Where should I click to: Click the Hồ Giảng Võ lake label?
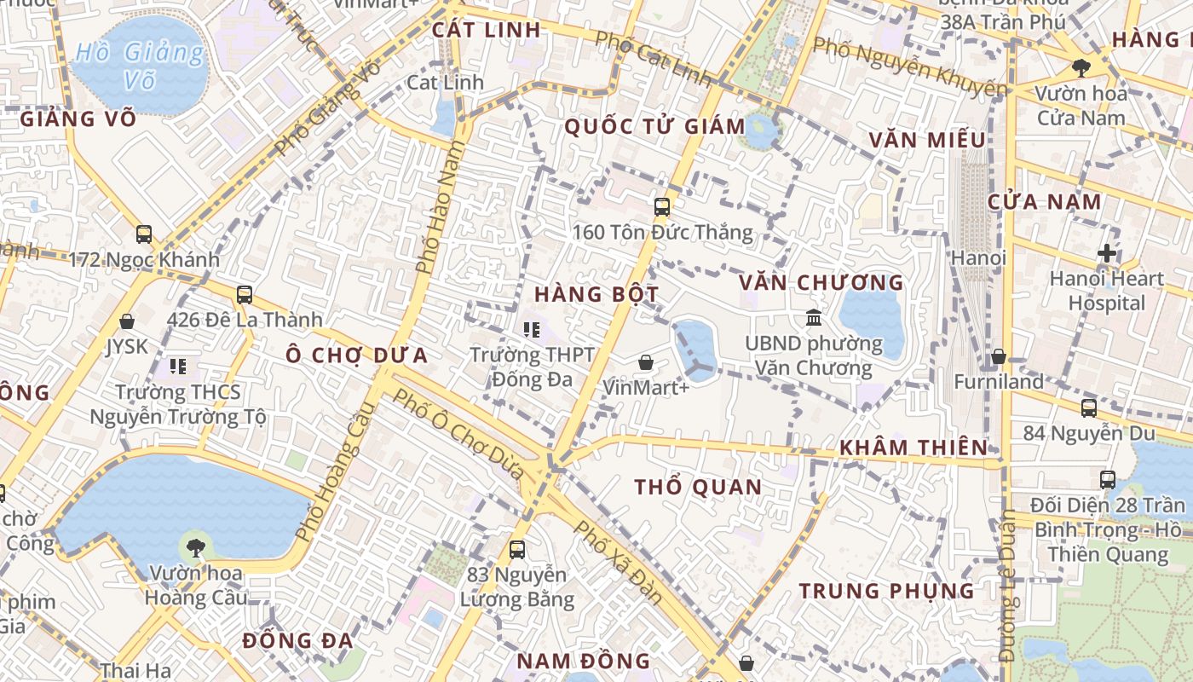140,66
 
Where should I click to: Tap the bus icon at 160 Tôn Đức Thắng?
661,207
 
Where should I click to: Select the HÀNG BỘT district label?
596,295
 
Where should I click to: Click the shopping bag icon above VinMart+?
646,362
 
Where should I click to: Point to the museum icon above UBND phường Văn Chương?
813,317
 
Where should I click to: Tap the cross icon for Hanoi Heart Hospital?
1106,253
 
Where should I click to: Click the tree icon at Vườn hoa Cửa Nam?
1081,67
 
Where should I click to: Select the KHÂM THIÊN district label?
913,448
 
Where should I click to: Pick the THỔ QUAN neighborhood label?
698,488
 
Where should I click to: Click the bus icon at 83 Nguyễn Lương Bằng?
516,550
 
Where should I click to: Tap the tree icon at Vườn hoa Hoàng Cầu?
196,546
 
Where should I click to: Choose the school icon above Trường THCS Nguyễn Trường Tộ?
178,367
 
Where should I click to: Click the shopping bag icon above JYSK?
127,321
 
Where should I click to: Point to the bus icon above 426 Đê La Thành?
245,295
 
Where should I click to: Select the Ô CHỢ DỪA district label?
356,355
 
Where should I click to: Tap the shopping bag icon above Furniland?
999,356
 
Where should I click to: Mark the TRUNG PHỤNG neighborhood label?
886,591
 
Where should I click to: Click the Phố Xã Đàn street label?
619,562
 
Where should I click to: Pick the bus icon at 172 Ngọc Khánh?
144,234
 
